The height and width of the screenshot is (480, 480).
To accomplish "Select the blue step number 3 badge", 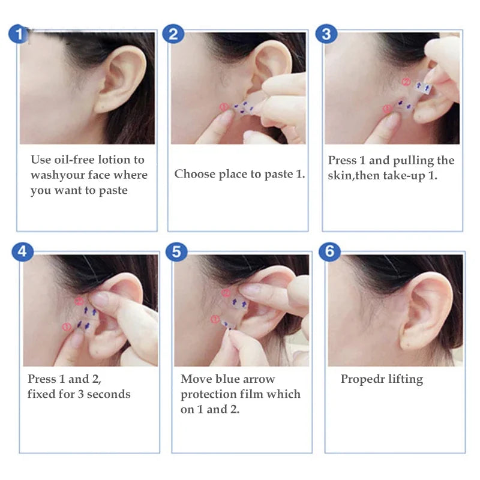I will pos(326,34).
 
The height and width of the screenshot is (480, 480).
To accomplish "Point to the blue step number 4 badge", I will pos(22,251).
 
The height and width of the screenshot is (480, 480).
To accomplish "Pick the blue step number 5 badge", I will pos(176,251).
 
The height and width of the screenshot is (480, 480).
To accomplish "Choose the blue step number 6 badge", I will pos(329,251).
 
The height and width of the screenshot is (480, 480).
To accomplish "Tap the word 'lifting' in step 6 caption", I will pos(404,379).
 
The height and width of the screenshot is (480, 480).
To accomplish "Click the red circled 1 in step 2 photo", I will pos(224,107).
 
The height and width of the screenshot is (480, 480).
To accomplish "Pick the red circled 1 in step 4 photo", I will pos(67,326).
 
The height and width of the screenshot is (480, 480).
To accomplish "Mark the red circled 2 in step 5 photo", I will pos(226,293).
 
